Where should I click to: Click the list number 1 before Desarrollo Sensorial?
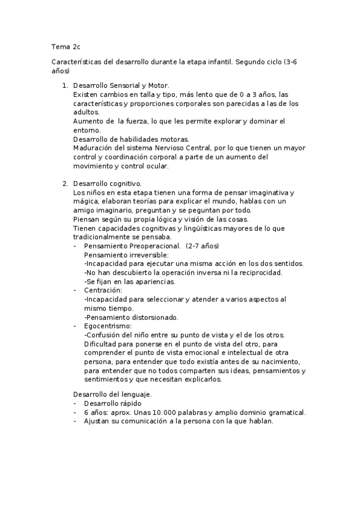point(65,86)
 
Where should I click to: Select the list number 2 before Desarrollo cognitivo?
point(65,183)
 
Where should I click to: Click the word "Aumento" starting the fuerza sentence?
point(86,121)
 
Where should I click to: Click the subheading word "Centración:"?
point(103,290)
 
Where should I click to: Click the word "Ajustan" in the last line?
point(98,421)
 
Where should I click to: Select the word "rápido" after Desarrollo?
point(131,404)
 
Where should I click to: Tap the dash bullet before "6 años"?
point(75,413)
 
